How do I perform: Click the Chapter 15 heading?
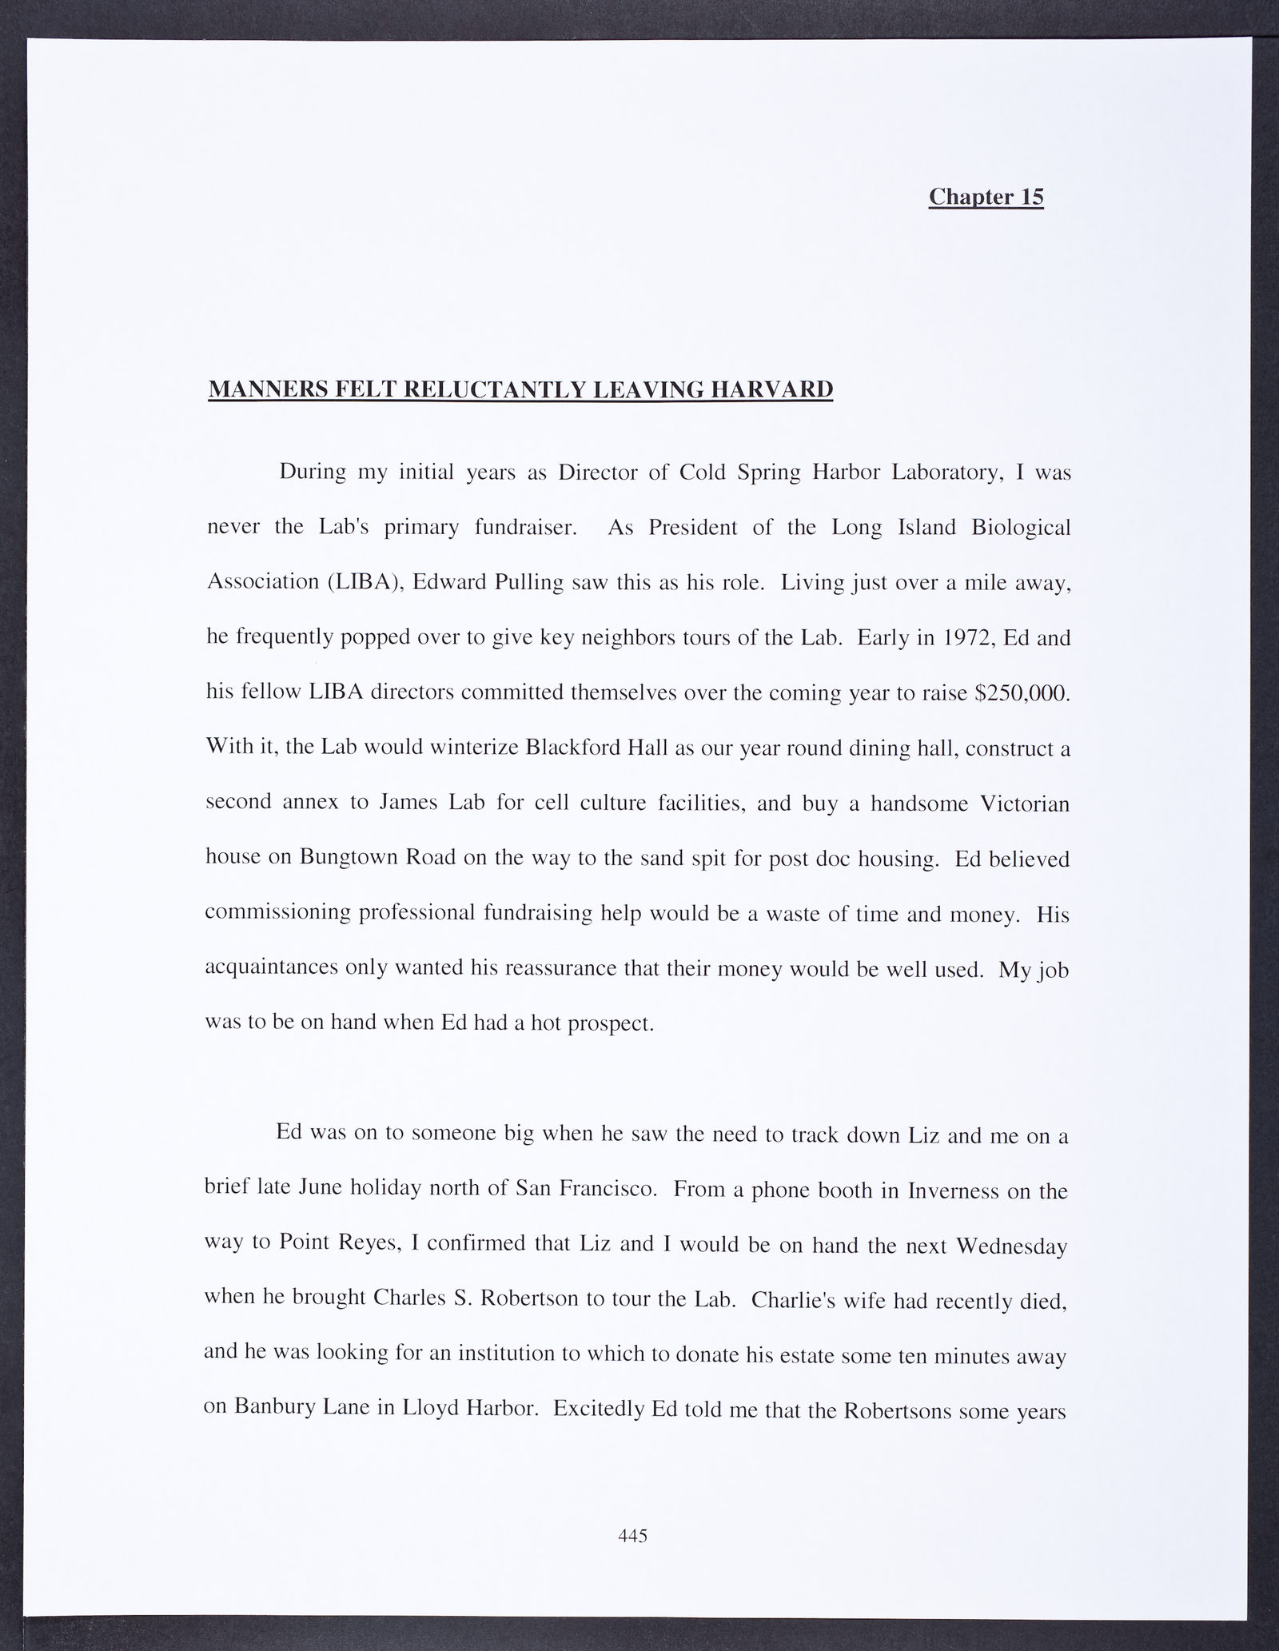pyautogui.click(x=986, y=197)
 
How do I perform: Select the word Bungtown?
pyautogui.click(x=349, y=857)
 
